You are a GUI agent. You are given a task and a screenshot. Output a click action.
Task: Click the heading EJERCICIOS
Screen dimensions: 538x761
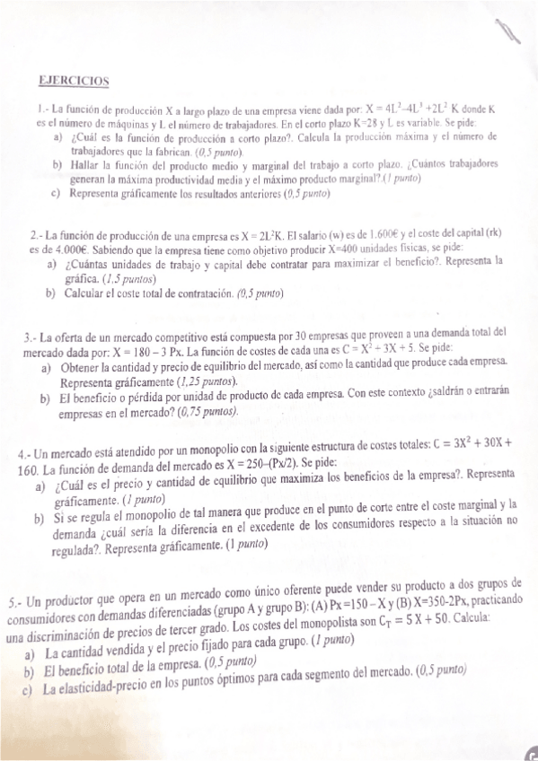coord(74,81)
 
